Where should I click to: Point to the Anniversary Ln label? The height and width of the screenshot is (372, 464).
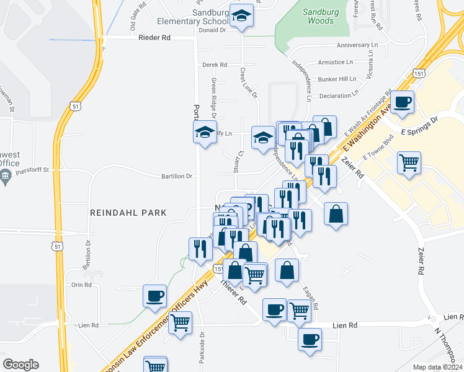click(357, 46)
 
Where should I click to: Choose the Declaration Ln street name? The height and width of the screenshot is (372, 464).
click(338, 95)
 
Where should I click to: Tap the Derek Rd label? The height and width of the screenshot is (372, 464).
click(215, 64)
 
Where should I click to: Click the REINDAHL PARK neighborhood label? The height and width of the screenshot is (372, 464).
click(128, 213)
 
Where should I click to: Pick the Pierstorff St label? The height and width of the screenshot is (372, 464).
click(33, 168)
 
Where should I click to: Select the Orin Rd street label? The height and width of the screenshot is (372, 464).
click(81, 285)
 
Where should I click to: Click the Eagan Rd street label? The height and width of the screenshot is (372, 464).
click(310, 298)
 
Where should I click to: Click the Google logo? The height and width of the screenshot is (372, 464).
click(20, 365)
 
